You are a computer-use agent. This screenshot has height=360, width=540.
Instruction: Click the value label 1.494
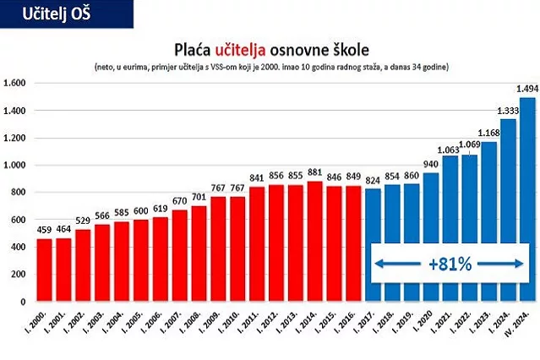526,89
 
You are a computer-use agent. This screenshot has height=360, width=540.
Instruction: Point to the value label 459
43,230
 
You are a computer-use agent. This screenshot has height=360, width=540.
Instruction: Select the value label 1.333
507,111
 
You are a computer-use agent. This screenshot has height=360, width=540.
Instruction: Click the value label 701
199,197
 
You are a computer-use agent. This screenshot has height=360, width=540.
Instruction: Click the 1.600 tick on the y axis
16,84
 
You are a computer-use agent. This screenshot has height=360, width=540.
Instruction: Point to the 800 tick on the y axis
20,193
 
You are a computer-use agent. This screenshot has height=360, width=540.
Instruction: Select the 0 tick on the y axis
26,302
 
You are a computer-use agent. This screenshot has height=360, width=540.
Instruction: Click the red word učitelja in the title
250,47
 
